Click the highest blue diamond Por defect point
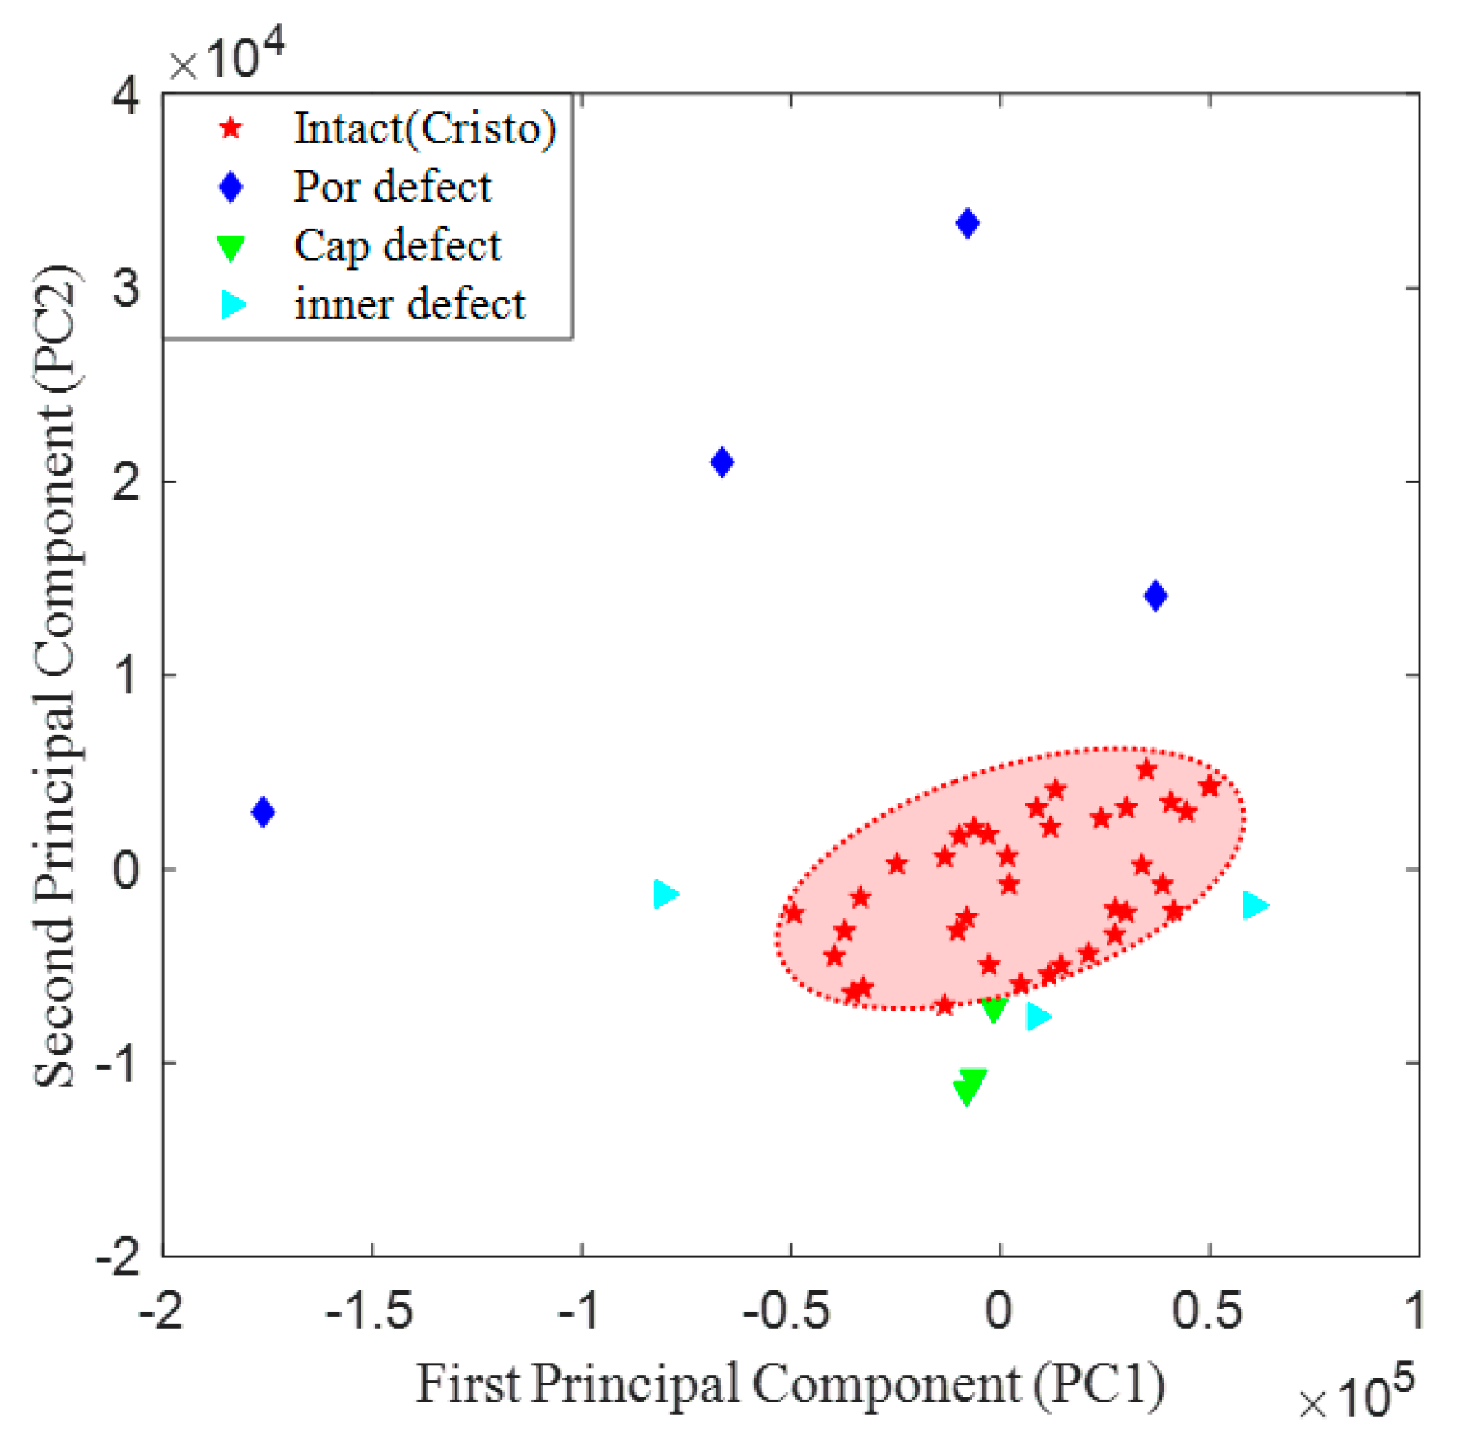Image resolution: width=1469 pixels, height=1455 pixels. pyautogui.click(x=968, y=223)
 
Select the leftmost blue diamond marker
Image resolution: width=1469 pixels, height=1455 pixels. pyautogui.click(x=263, y=812)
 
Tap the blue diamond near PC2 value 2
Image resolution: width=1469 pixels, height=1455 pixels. pyautogui.click(x=722, y=463)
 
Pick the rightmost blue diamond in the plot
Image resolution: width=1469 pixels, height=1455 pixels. pyautogui.click(x=1155, y=596)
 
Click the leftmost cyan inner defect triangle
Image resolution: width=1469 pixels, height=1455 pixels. pyautogui.click(x=665, y=894)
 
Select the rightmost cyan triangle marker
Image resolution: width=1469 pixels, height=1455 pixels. pyautogui.click(x=1254, y=905)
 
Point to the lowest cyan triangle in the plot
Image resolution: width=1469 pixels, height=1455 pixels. pyautogui.click(x=1038, y=1016)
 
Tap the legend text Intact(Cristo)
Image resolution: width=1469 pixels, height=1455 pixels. pyautogui.click(x=425, y=129)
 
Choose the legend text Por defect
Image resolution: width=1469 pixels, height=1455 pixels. pyautogui.click(x=393, y=187)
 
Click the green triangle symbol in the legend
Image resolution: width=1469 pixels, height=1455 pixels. pyautogui.click(x=231, y=248)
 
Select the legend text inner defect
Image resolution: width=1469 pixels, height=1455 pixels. pyautogui.click(x=409, y=304)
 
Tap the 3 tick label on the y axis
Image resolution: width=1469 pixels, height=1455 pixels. pyautogui.click(x=126, y=289)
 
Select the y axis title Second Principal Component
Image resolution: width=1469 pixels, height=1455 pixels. pyautogui.click(x=56, y=675)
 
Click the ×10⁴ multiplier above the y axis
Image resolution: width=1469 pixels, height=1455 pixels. pyautogui.click(x=226, y=56)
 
